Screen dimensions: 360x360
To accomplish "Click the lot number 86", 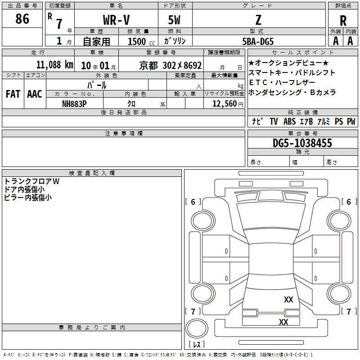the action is (22, 18).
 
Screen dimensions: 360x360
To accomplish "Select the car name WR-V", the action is (116, 20).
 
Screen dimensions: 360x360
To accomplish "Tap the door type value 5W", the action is (174, 20).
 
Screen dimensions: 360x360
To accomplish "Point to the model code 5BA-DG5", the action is (258, 41).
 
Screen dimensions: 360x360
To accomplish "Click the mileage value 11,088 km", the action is (55, 65).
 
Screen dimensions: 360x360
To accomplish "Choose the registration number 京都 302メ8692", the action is (171, 65).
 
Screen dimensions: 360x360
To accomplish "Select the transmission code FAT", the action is (13, 94).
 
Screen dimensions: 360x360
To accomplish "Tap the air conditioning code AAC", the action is (35, 94).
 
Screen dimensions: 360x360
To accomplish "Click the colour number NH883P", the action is (74, 104).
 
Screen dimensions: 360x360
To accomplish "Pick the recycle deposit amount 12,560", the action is (225, 104).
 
